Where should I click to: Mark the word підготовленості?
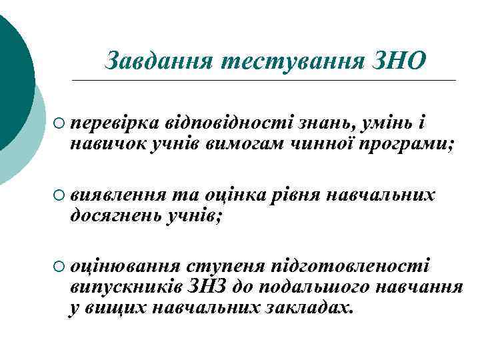[349, 267]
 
